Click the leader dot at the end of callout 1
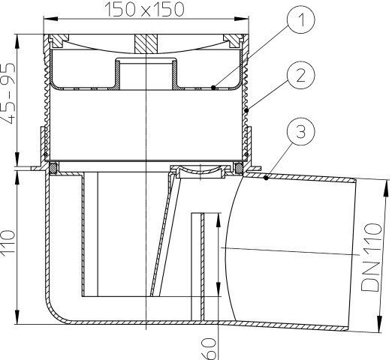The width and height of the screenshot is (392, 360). click(x=214, y=87)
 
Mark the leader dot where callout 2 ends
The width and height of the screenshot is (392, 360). click(x=248, y=111)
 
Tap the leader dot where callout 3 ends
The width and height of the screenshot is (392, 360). click(x=267, y=178)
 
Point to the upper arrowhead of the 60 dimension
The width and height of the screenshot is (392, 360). click(x=219, y=217)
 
